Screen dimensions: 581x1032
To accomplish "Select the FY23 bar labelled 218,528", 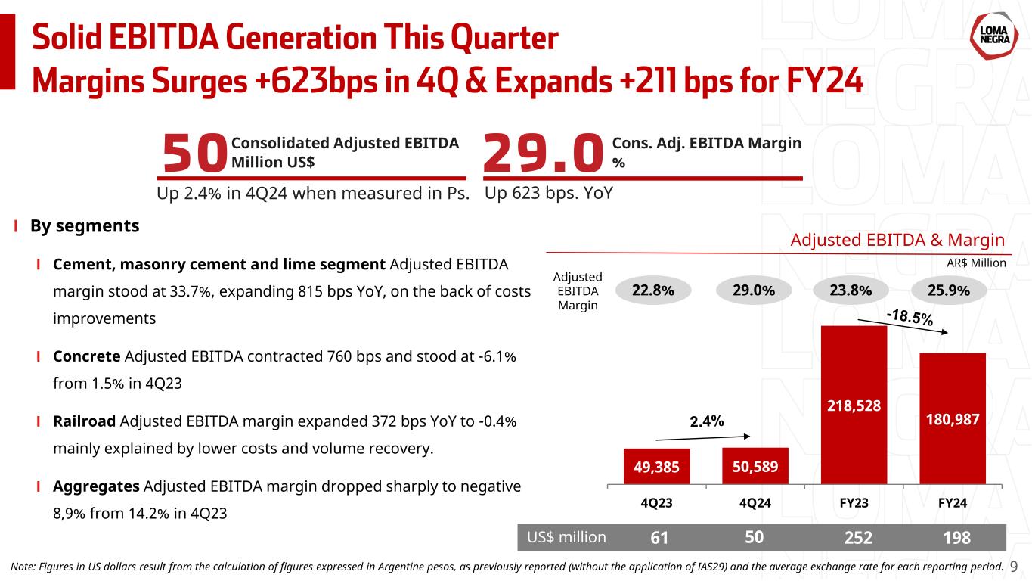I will click(x=854, y=405).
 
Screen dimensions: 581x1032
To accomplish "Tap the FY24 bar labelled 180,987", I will click(x=953, y=418).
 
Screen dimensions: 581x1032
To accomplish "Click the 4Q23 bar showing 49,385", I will click(x=656, y=467).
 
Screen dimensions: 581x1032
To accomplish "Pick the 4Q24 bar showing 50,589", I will click(x=755, y=466).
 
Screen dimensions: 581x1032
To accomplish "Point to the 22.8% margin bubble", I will click(x=653, y=290).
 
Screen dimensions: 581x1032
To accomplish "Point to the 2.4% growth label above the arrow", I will click(x=707, y=421).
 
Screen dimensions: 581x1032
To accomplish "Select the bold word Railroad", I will click(x=84, y=421).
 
